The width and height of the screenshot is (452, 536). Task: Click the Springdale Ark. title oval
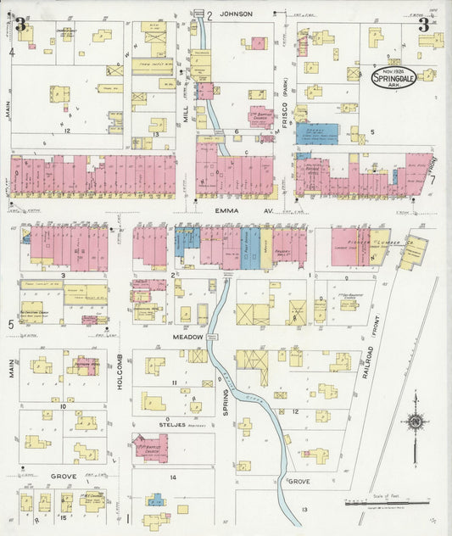[x=393, y=79]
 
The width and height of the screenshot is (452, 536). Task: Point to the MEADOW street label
[x=189, y=337]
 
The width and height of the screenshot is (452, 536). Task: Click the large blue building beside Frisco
[x=316, y=133]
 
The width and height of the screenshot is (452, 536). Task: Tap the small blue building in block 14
[x=154, y=501]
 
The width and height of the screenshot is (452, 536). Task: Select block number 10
[x=63, y=406]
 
